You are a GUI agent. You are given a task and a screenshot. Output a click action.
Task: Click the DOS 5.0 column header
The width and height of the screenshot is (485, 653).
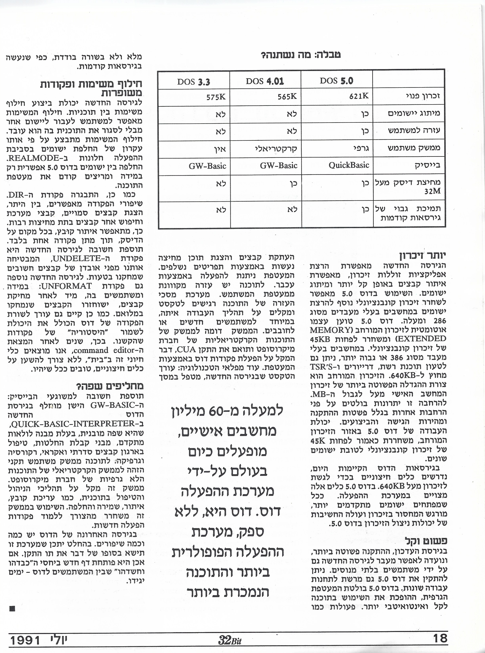(x=336, y=81)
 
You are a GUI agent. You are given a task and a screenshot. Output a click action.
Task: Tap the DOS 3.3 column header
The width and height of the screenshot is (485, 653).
(x=193, y=82)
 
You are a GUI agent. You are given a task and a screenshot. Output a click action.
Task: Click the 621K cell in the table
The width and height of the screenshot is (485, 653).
(x=359, y=96)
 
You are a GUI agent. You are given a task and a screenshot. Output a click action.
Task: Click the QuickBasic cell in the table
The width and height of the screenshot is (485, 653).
(x=349, y=165)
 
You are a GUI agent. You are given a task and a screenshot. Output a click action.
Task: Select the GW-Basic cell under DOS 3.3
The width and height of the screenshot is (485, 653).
(x=207, y=166)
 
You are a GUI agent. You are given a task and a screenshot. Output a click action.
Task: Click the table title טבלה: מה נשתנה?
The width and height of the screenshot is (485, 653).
(x=301, y=55)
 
